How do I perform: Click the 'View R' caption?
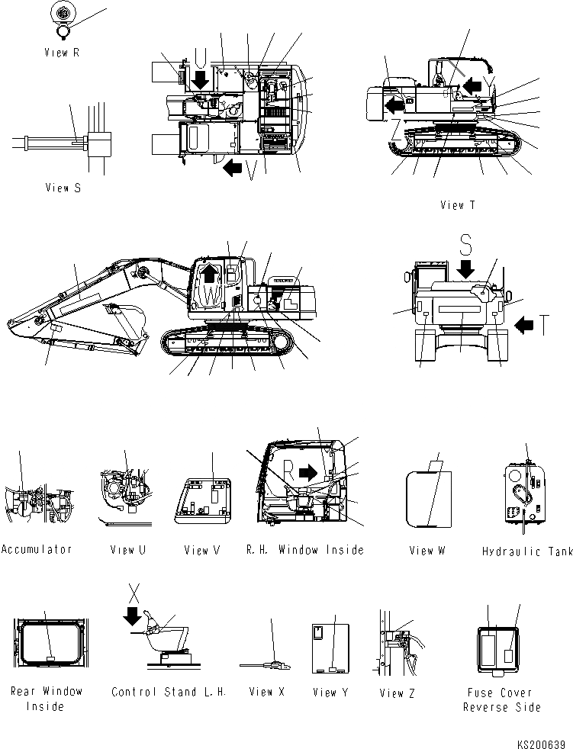63,53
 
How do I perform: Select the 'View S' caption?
63,188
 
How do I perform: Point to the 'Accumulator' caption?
37,550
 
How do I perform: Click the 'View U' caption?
127,550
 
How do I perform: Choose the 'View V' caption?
201,550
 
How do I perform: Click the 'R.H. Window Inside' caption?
305,550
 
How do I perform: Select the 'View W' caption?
427,550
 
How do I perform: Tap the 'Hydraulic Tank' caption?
527,551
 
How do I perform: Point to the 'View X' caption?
266,693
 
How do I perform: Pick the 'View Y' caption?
330,693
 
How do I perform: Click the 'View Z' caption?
398,693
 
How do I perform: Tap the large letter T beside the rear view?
542,326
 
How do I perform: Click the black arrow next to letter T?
524,326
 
